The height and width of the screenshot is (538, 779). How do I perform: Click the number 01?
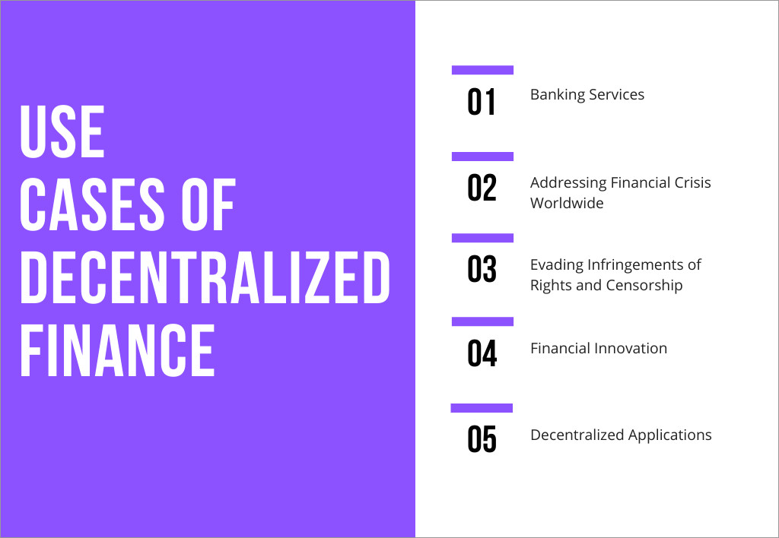pyautogui.click(x=481, y=103)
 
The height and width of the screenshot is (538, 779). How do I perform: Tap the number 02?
pyautogui.click(x=482, y=188)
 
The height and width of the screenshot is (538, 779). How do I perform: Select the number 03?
pyautogui.click(x=482, y=269)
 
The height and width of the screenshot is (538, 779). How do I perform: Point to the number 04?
pyautogui.click(x=482, y=353)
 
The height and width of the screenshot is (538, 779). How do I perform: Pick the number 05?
pyautogui.click(x=482, y=439)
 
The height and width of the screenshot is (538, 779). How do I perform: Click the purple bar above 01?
pyautogui.click(x=482, y=70)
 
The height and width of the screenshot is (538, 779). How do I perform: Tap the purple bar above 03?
pyautogui.click(x=482, y=238)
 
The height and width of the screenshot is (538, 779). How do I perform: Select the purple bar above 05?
pyautogui.click(x=482, y=408)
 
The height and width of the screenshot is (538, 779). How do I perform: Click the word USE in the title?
pyautogui.click(x=62, y=132)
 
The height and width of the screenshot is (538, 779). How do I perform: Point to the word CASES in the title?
pyautogui.click(x=92, y=204)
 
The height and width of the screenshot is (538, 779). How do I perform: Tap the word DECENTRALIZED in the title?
pyautogui.click(x=205, y=277)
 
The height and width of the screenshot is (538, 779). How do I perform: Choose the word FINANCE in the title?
pyautogui.click(x=117, y=350)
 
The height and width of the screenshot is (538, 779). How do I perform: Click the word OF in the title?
pyautogui.click(x=208, y=204)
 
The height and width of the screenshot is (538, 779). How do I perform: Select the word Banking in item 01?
pyautogui.click(x=558, y=95)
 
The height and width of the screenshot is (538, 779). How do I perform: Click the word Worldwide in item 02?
pyautogui.click(x=567, y=203)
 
